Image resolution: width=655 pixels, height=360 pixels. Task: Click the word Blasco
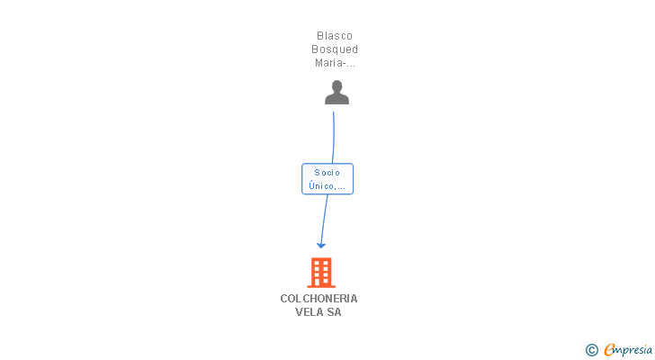click(x=335, y=36)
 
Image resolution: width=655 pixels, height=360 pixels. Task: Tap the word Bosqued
click(x=335, y=49)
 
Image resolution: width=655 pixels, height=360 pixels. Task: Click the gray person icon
click(x=336, y=93)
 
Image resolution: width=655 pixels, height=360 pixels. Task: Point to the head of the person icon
click(x=336, y=86)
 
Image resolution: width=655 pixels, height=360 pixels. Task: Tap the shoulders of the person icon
click(x=336, y=99)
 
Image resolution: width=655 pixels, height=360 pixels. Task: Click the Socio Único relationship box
click(x=327, y=179)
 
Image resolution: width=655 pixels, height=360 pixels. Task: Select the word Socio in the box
click(x=327, y=172)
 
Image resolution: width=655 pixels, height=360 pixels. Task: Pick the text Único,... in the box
click(x=327, y=186)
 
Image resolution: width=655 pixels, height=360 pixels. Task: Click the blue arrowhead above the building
click(x=321, y=245)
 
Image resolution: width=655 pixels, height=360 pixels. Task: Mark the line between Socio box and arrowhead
click(x=324, y=216)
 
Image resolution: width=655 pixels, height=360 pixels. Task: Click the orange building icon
click(x=321, y=272)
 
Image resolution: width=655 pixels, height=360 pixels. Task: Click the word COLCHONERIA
click(x=319, y=299)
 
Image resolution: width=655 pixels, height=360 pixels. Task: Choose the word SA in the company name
click(x=335, y=312)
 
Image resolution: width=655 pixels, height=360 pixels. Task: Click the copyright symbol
click(x=591, y=350)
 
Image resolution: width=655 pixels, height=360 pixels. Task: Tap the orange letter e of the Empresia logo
click(x=609, y=350)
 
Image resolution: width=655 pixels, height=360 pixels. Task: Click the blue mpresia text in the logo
click(x=633, y=350)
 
